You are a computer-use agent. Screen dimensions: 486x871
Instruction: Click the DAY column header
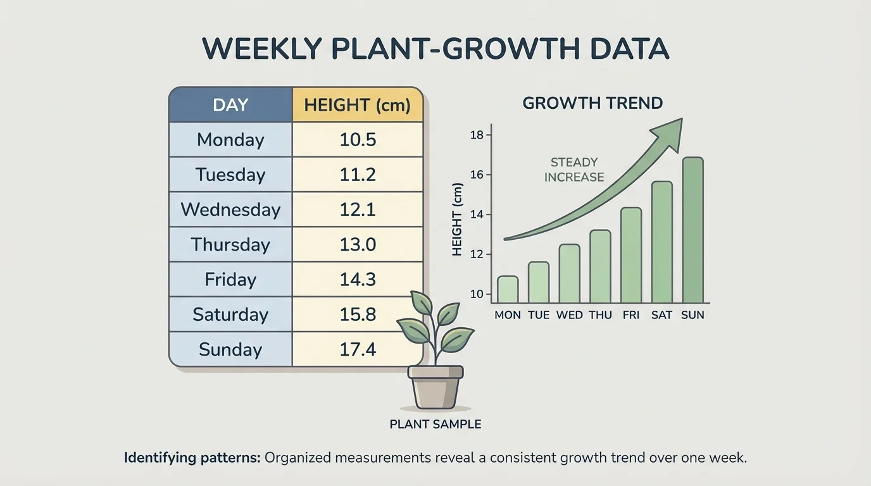coord(230,105)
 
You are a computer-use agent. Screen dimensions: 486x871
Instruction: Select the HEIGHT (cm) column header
coord(358,105)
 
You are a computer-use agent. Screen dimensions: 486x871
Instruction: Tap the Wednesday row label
coord(230,209)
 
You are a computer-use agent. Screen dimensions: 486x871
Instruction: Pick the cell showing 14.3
coord(358,280)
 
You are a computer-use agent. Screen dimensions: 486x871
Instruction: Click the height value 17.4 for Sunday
coord(358,349)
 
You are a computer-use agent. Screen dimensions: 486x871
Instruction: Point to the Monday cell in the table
coord(230,140)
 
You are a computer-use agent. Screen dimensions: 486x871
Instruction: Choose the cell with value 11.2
coord(358,175)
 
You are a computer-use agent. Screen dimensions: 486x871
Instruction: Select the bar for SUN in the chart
coord(692,230)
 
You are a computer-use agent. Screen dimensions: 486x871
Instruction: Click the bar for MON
coord(508,290)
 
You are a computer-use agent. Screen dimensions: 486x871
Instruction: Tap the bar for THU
coord(600,266)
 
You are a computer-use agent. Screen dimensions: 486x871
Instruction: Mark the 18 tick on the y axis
coord(477,135)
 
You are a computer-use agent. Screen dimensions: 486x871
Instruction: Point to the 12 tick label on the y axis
coord(477,254)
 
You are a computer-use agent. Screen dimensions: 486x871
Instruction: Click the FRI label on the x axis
coord(631,315)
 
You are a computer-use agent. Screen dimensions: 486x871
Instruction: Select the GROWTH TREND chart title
coord(592,103)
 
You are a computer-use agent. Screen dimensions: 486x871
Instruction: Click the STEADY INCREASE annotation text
coord(574,170)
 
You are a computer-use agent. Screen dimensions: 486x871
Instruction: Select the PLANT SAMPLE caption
coord(435,425)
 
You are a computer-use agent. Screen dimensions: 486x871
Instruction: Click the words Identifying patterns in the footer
coord(192,458)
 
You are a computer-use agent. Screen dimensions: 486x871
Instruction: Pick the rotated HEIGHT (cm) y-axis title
coord(458,220)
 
